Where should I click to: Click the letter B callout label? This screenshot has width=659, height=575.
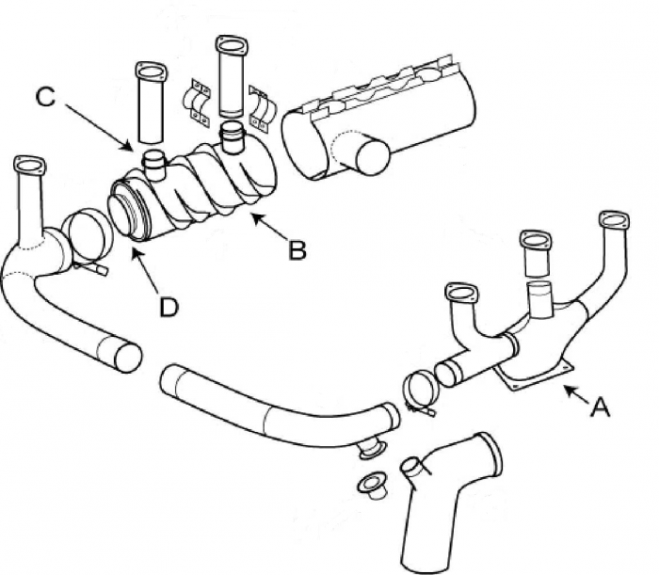(297, 251)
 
